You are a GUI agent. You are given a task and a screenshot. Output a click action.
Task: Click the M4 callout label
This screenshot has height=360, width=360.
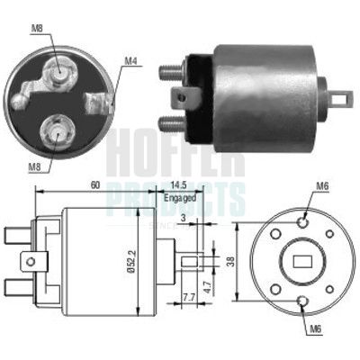pyautogui.click(x=130, y=61)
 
